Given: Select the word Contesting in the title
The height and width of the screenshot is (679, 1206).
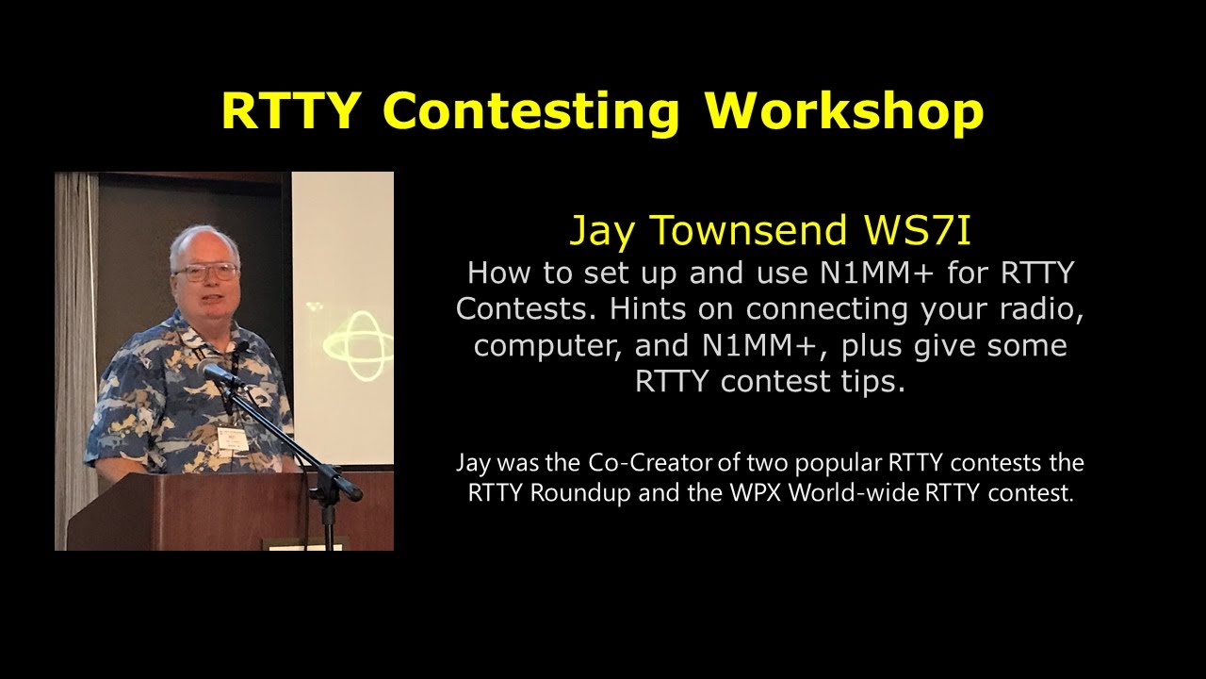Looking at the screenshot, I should (x=530, y=111).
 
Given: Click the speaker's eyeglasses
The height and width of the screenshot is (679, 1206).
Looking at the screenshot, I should (x=204, y=273).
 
